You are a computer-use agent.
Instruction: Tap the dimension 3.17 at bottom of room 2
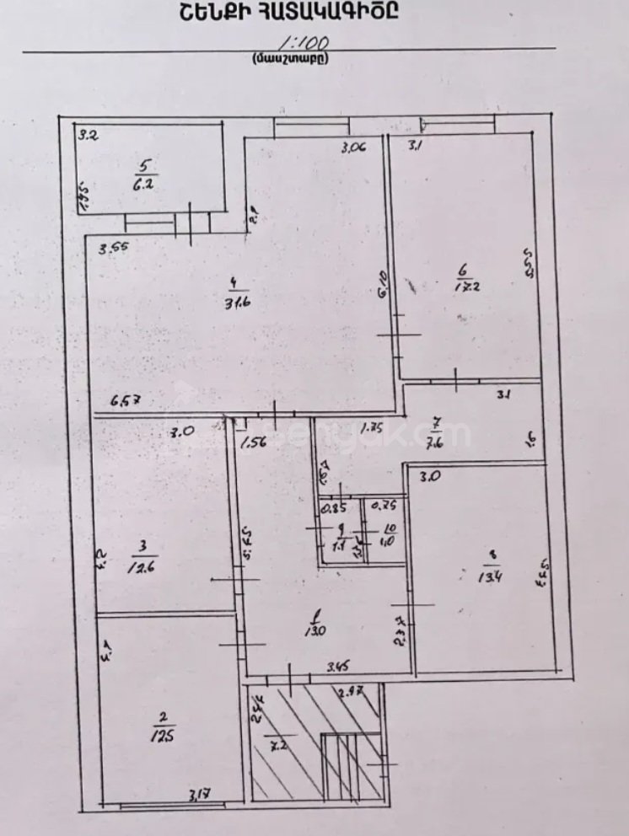(x=200, y=793)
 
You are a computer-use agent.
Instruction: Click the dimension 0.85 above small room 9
(x=335, y=508)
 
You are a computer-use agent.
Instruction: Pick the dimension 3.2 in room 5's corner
(x=89, y=134)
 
